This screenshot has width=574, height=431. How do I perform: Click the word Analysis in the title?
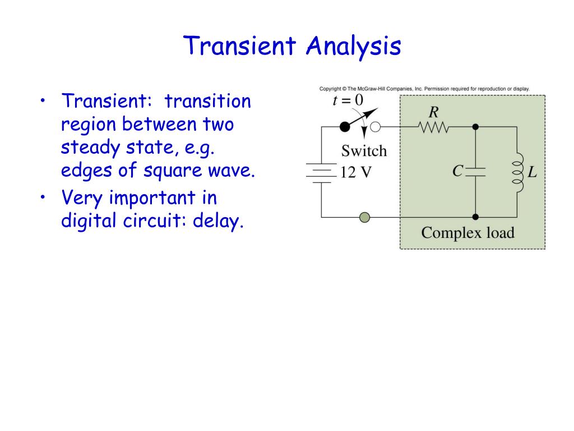[x=353, y=46]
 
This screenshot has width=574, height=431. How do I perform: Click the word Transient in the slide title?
[x=242, y=46]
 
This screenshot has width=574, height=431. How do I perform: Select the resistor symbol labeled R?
[x=433, y=127]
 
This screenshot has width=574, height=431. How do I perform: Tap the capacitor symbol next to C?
[x=475, y=172]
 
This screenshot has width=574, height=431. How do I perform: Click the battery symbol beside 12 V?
[x=321, y=172]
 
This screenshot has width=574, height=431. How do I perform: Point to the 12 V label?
[x=356, y=172]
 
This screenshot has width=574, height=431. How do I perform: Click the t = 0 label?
[x=348, y=100]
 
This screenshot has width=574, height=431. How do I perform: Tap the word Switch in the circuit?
[x=364, y=150]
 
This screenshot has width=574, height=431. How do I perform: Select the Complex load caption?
[x=467, y=232]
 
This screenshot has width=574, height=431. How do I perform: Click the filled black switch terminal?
[x=345, y=127]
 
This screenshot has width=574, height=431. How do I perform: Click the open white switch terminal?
[x=376, y=127]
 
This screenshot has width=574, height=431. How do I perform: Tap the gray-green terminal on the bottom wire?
[x=364, y=217]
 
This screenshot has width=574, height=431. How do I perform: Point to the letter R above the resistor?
[x=433, y=111]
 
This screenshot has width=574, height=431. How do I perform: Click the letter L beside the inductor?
[x=532, y=172]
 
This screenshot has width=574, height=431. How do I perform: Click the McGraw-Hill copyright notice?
[x=424, y=89]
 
